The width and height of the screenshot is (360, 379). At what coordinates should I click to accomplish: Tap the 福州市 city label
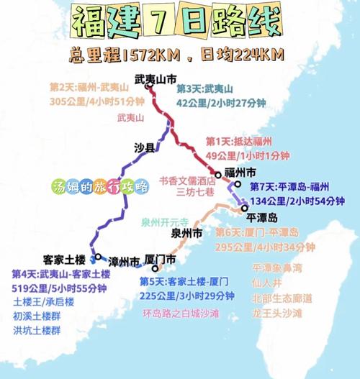(x=240, y=173)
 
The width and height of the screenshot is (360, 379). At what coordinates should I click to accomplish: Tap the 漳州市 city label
(x=124, y=259)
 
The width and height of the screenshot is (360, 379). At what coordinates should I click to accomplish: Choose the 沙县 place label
(x=144, y=148)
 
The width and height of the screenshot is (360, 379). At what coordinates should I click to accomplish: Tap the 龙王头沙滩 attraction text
(x=277, y=314)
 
